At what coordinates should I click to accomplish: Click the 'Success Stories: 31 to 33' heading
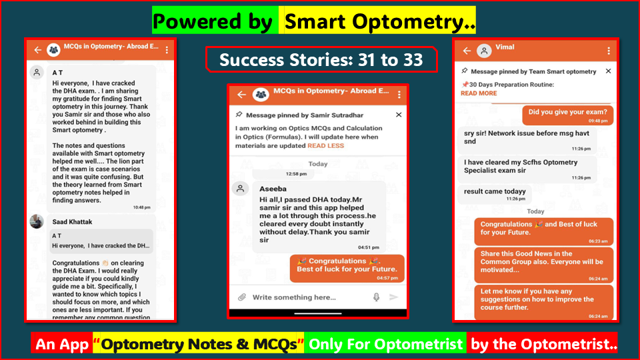pyautogui.click(x=321, y=59)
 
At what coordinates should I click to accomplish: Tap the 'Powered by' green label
pyautogui.click(x=215, y=21)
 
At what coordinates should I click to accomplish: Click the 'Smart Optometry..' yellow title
pyautogui.click(x=379, y=21)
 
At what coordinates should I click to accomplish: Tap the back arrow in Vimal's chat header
pyautogui.click(x=467, y=51)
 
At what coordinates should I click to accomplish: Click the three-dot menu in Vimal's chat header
pyautogui.click(x=609, y=51)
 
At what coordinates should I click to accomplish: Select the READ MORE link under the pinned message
pyautogui.click(x=479, y=93)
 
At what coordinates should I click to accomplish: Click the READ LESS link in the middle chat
pyautogui.click(x=325, y=145)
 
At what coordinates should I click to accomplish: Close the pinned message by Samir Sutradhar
pyautogui.click(x=399, y=115)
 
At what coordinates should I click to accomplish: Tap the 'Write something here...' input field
pyautogui.click(x=294, y=297)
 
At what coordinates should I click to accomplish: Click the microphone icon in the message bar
pyautogui.click(x=377, y=297)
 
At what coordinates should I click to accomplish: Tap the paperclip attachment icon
pyautogui.click(x=242, y=297)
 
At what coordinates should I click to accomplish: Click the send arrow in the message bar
pyautogui.click(x=394, y=297)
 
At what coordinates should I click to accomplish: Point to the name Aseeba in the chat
pyautogui.click(x=273, y=189)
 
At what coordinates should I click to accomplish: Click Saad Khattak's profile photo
pyautogui.click(x=37, y=221)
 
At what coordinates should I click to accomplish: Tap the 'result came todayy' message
pyautogui.click(x=495, y=192)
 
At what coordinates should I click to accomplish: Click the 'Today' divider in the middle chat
pyautogui.click(x=318, y=163)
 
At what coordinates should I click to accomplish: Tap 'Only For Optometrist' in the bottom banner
pyautogui.click(x=385, y=345)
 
